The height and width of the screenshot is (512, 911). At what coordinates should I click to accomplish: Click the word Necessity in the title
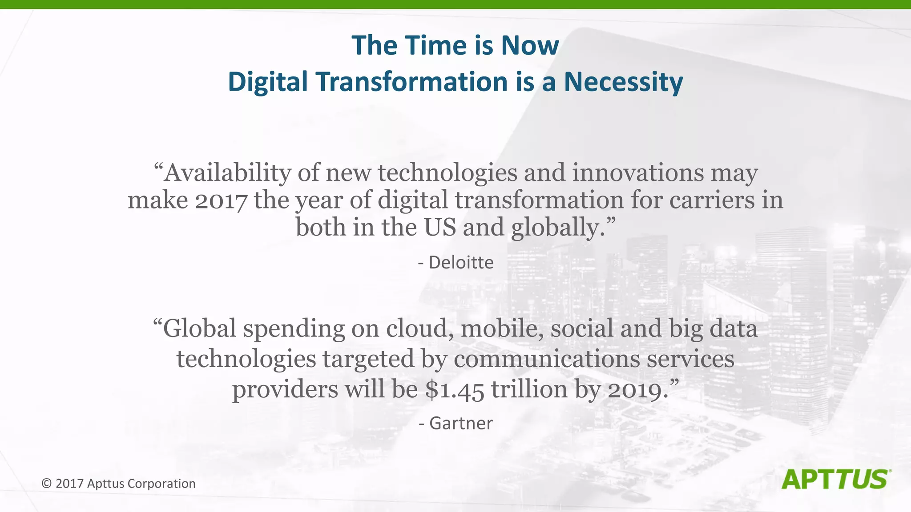[x=623, y=82]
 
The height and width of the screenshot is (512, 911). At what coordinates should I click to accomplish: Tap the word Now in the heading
[x=530, y=46]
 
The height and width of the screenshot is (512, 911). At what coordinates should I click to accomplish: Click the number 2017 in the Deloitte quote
[x=221, y=201]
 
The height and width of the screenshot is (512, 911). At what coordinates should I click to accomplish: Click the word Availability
[x=227, y=173]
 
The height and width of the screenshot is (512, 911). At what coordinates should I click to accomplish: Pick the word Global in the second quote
[x=199, y=329]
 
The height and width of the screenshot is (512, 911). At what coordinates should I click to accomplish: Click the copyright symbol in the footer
[x=47, y=484]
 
